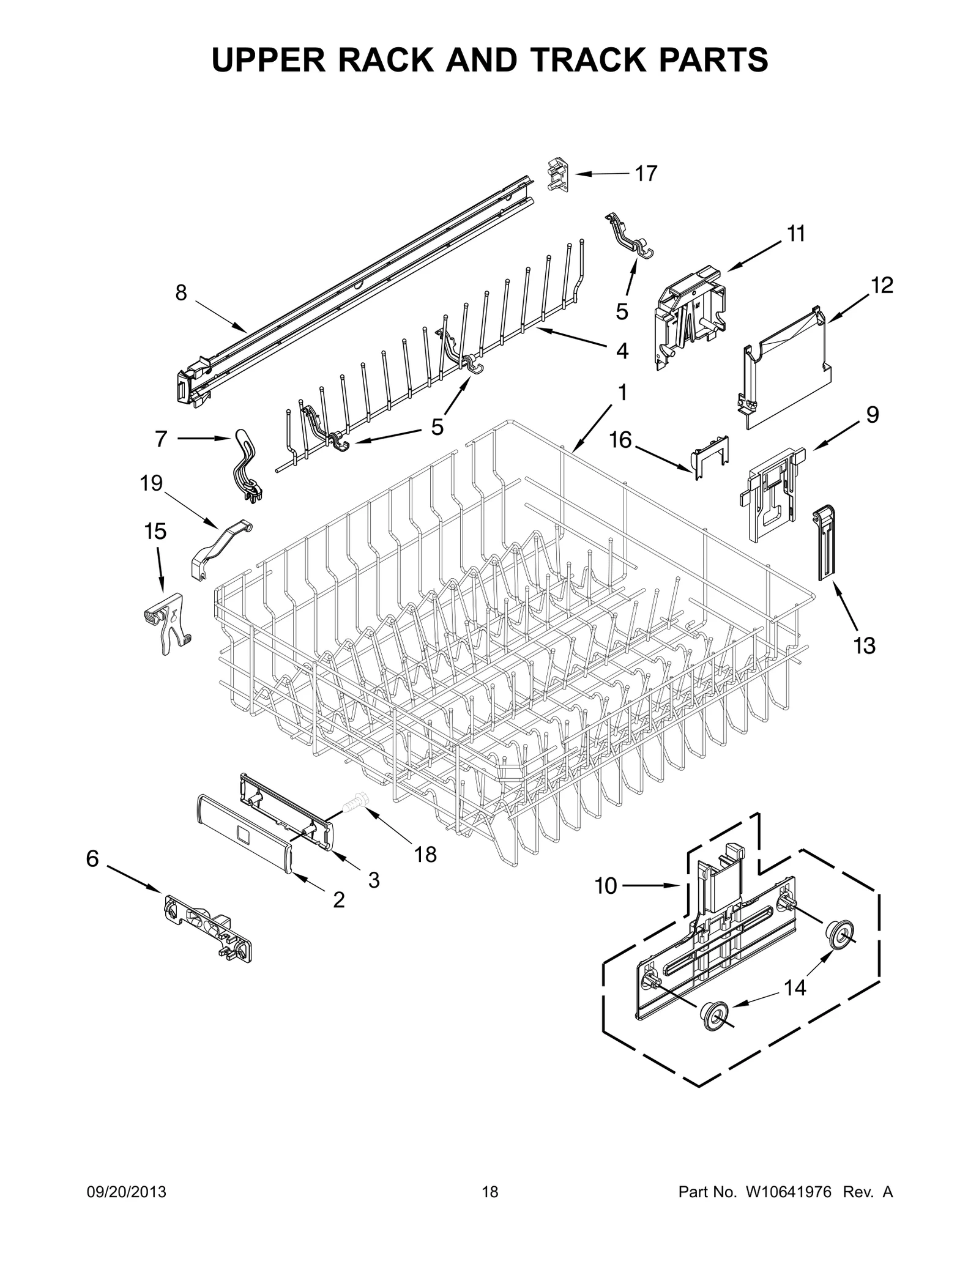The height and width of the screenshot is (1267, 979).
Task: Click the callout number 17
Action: click(646, 174)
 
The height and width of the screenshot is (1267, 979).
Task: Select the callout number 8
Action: click(181, 293)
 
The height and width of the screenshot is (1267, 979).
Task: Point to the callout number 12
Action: click(882, 285)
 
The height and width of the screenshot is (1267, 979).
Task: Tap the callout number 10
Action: click(606, 885)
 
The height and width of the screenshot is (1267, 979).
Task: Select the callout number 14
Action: click(795, 987)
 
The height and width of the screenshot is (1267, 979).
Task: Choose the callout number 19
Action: click(151, 483)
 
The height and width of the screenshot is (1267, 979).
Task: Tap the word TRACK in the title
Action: click(589, 60)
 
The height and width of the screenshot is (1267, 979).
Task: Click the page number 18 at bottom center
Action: click(490, 1209)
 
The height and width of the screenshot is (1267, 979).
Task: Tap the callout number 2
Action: click(338, 899)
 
